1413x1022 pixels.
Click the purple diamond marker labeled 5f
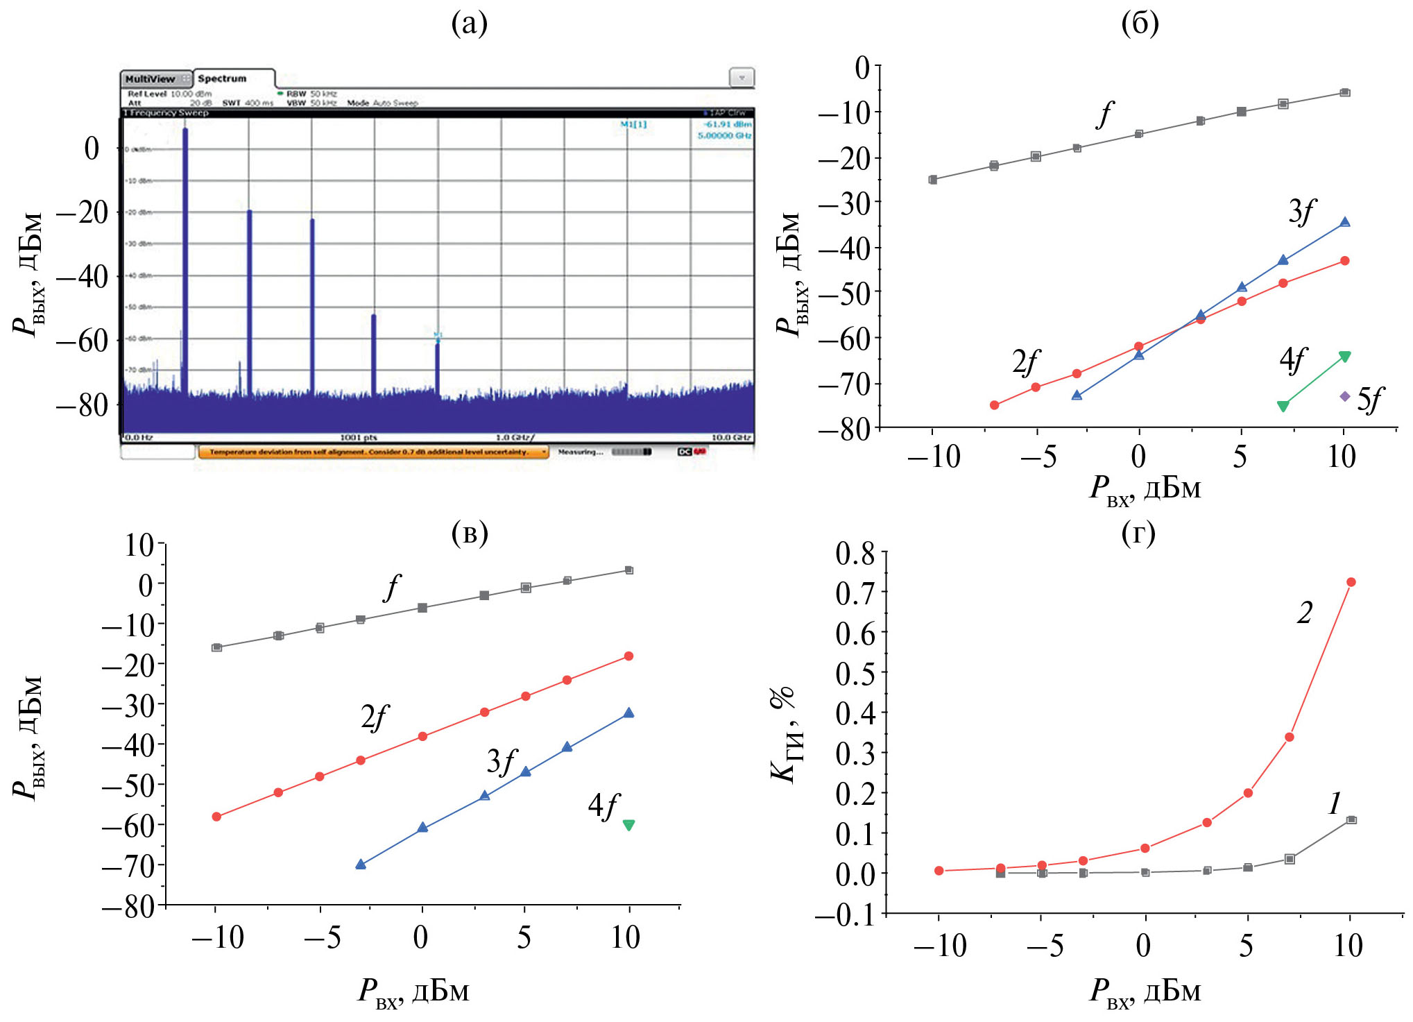pos(1344,396)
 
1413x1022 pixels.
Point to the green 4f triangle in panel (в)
pos(628,825)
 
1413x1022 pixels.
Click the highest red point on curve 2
pos(1351,582)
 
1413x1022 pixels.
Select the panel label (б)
pos(1140,24)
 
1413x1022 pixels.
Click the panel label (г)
pos(1138,533)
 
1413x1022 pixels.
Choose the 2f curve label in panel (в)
pos(375,717)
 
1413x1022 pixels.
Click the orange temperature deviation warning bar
pos(372,452)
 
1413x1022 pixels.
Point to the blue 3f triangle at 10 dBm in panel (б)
pos(1344,222)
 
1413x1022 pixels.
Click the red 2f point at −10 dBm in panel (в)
pos(216,817)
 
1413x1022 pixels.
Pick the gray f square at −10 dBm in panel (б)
pos(933,180)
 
